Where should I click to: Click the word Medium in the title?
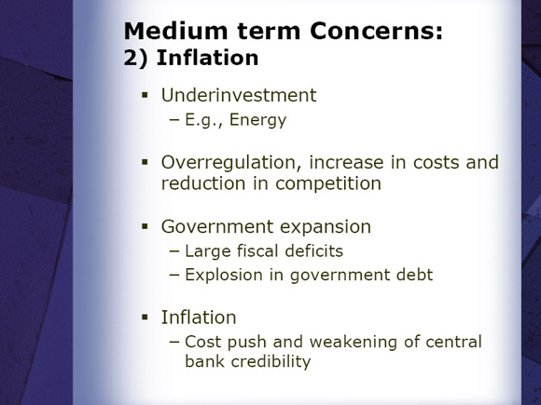(175, 31)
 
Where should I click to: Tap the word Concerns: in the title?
(376, 31)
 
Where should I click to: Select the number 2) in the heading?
(135, 58)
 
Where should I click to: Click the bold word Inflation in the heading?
(207, 58)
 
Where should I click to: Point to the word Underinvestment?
(239, 95)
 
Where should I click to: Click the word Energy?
(257, 120)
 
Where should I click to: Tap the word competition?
(328, 183)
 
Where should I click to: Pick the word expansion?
(326, 227)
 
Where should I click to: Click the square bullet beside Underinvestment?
(145, 95)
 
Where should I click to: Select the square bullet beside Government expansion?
(145, 226)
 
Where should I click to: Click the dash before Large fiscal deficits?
(174, 251)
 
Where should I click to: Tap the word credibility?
(270, 361)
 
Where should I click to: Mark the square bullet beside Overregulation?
(145, 162)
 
